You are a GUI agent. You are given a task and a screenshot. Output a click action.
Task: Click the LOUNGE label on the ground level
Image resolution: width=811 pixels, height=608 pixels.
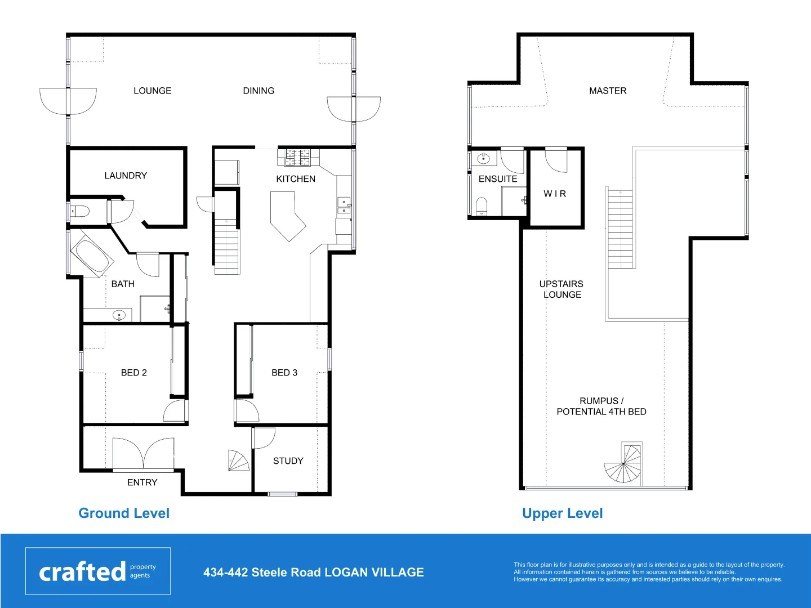tap(152, 91)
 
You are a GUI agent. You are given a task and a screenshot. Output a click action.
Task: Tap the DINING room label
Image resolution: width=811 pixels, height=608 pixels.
tap(259, 91)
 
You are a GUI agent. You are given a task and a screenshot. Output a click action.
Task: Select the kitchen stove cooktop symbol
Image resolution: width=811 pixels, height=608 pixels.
tap(297, 158)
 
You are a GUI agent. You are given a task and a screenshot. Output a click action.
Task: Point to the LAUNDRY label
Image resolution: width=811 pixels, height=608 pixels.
tap(126, 176)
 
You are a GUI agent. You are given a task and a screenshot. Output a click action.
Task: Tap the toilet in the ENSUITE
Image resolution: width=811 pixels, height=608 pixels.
tap(482, 206)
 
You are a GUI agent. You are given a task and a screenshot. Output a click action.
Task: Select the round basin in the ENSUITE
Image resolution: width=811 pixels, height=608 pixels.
tap(483, 159)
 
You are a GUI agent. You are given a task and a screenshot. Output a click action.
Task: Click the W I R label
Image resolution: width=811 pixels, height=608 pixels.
tap(555, 194)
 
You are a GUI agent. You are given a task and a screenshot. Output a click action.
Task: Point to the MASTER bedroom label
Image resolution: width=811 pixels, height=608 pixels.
tap(608, 91)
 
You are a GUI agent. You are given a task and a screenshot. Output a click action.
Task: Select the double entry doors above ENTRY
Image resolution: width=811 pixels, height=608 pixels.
tap(143, 454)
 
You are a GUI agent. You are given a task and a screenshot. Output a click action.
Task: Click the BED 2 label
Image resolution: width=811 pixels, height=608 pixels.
tap(134, 373)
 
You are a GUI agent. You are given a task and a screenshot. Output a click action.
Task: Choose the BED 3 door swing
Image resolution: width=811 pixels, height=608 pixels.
tap(246, 410)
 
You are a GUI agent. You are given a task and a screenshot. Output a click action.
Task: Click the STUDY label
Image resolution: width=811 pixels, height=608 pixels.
tap(288, 461)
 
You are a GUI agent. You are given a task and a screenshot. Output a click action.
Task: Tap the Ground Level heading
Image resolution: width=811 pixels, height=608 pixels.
tap(124, 513)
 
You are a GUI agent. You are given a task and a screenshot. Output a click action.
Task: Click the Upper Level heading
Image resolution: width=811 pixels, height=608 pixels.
tap(562, 513)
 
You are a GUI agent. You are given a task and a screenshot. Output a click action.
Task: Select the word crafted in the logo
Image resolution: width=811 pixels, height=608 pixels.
tap(82, 572)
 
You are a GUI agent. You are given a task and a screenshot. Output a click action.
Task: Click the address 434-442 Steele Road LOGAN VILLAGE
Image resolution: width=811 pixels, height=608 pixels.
tap(314, 573)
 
